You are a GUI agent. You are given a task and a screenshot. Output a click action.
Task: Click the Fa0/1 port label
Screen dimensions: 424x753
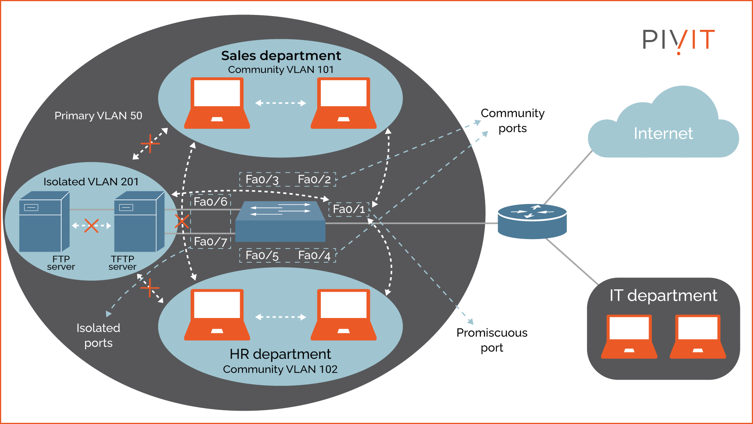(349, 209)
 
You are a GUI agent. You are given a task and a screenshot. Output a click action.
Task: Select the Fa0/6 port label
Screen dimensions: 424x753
(211, 202)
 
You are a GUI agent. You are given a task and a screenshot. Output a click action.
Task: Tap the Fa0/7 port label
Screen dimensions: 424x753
(211, 241)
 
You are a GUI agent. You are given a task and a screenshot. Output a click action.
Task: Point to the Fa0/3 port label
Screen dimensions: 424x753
(262, 179)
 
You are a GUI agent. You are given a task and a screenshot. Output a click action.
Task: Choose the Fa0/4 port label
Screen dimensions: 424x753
(314, 256)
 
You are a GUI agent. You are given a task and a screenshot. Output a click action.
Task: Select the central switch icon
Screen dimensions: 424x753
(280, 222)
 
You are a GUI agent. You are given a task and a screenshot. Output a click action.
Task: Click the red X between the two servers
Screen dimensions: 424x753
(91, 226)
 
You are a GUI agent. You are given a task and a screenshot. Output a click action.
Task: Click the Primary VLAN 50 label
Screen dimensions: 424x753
(98, 116)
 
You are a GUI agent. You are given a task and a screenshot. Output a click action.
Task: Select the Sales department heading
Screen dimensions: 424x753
(281, 56)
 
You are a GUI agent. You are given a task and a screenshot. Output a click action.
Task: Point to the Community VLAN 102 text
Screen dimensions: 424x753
(280, 369)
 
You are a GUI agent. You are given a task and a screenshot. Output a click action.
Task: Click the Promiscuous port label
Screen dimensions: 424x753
(492, 340)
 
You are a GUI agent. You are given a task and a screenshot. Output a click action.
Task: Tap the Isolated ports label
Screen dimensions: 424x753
(98, 335)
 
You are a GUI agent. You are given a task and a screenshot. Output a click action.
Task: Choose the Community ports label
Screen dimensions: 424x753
(512, 121)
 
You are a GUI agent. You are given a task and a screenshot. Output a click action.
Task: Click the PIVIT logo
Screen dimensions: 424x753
(678, 40)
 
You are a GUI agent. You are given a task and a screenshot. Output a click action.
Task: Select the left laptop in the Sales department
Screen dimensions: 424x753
(217, 103)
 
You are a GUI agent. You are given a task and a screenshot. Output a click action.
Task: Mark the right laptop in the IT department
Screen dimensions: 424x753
(698, 336)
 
